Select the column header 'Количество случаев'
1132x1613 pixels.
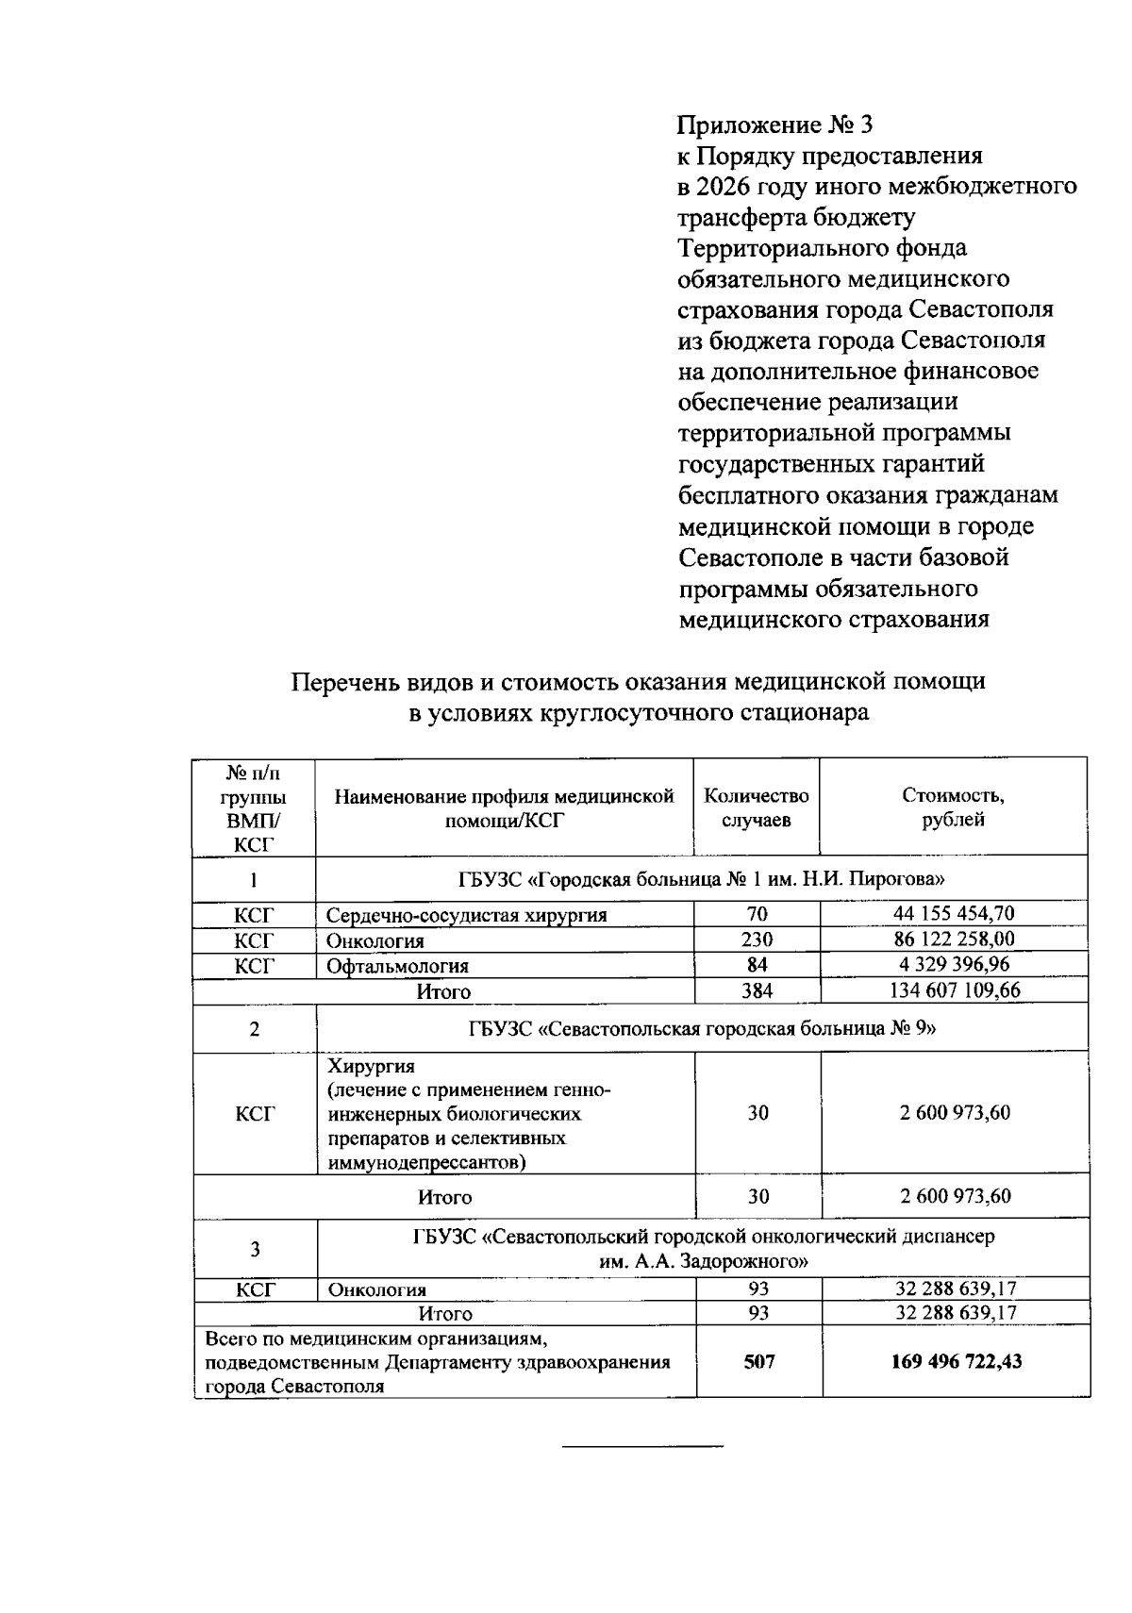(757, 807)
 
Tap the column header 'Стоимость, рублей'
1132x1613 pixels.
(953, 807)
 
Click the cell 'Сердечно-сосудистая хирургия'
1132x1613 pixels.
(467, 915)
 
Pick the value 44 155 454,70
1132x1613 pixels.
(954, 913)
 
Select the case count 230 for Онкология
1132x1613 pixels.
(757, 940)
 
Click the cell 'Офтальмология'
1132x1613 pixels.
(397, 966)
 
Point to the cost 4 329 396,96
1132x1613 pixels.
(954, 964)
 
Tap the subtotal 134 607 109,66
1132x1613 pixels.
(954, 990)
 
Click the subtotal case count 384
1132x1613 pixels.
(757, 990)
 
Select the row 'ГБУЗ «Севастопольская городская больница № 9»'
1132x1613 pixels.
(702, 1029)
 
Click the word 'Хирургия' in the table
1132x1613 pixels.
(371, 1067)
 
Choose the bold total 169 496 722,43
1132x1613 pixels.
(956, 1361)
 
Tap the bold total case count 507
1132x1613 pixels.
(758, 1361)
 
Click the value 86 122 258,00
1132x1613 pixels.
(954, 940)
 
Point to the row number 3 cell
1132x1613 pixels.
(255, 1250)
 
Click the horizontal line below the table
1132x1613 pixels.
(642, 1446)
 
